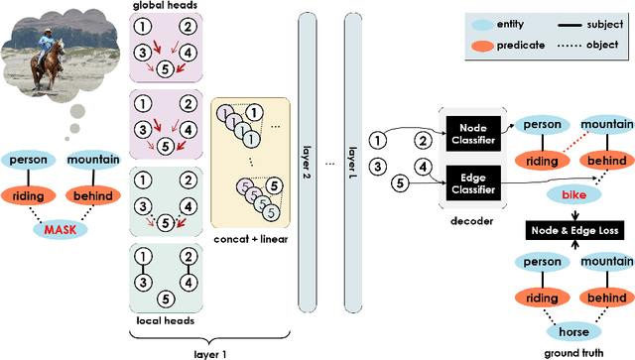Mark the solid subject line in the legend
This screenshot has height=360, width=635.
tap(570, 21)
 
